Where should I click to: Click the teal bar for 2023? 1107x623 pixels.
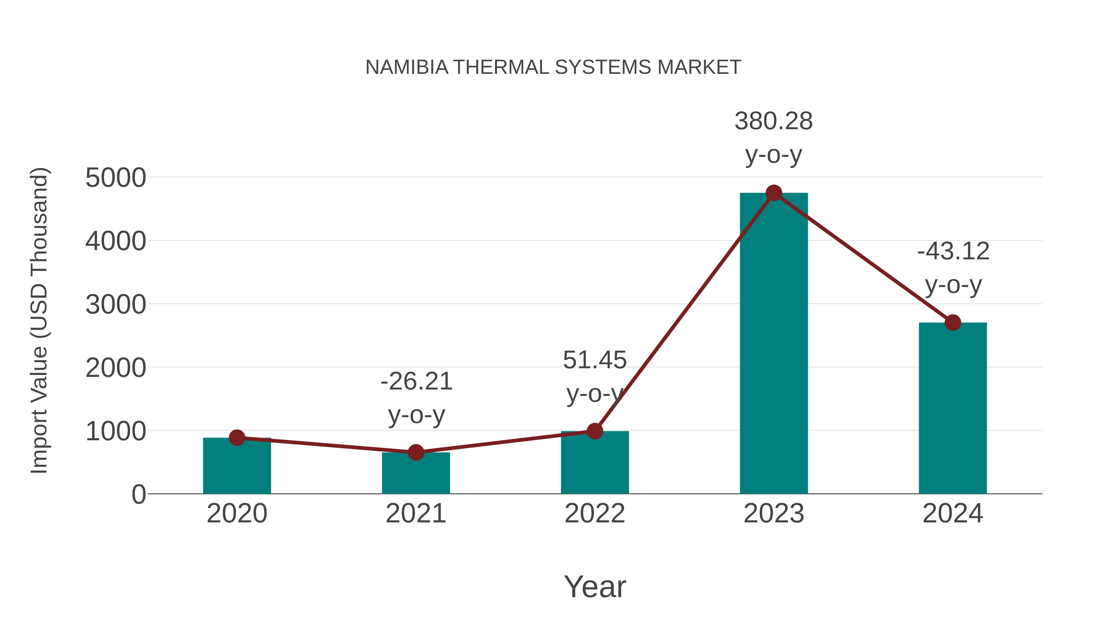[x=774, y=344]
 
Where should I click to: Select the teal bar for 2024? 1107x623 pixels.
[x=953, y=409]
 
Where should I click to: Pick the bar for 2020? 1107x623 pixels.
[x=237, y=466]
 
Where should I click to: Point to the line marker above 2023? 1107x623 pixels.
[x=774, y=193]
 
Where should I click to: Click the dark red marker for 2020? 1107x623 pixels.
[x=237, y=438]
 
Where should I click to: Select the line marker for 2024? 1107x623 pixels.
[x=953, y=322]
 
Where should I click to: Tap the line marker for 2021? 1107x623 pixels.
[x=415, y=452]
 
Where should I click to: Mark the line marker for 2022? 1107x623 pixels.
[x=595, y=431]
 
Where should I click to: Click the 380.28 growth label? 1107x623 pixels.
[x=774, y=122]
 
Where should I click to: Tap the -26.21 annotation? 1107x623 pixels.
[x=416, y=382]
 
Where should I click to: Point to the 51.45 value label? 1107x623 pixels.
[x=595, y=360]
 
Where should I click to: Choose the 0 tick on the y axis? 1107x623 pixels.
[x=139, y=494]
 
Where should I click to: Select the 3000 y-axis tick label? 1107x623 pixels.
[x=116, y=305]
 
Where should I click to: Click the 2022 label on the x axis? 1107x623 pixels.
[x=595, y=514]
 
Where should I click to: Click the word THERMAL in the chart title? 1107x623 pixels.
[x=501, y=67]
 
